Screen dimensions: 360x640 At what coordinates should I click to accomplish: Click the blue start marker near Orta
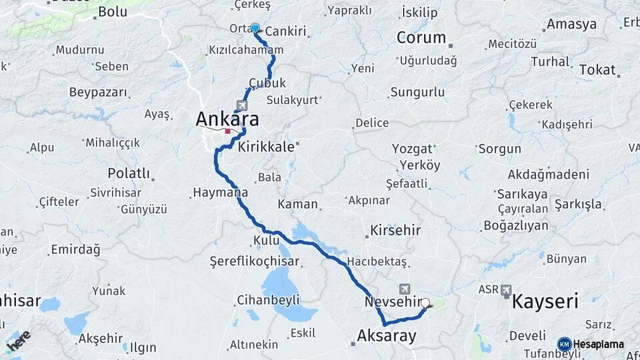[255, 27]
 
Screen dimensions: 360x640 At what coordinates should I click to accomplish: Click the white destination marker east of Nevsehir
[425, 303]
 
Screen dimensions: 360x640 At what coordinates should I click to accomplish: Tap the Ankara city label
[227, 119]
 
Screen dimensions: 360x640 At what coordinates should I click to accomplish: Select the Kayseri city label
[545, 301]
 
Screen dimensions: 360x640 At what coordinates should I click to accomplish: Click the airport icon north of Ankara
[241, 106]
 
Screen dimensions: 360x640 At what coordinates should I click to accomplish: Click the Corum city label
[421, 37]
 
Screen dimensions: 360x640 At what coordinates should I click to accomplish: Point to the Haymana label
[220, 193]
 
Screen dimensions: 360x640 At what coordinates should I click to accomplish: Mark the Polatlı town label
[129, 173]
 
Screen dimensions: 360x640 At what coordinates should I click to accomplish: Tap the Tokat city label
[597, 69]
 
